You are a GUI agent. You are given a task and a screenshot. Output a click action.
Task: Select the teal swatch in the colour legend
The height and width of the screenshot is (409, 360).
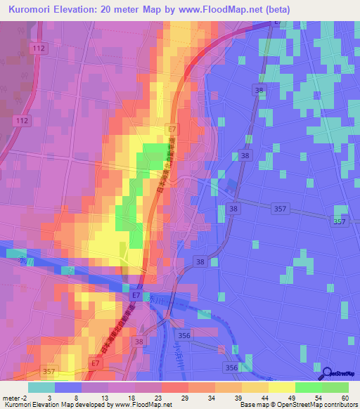pyautogui.click(x=41, y=387)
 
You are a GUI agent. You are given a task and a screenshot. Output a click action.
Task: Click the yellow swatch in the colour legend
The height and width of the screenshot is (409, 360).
pyautogui.click(x=282, y=387)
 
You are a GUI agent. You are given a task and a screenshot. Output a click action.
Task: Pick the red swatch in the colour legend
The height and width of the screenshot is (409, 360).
pyautogui.click(x=175, y=387)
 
